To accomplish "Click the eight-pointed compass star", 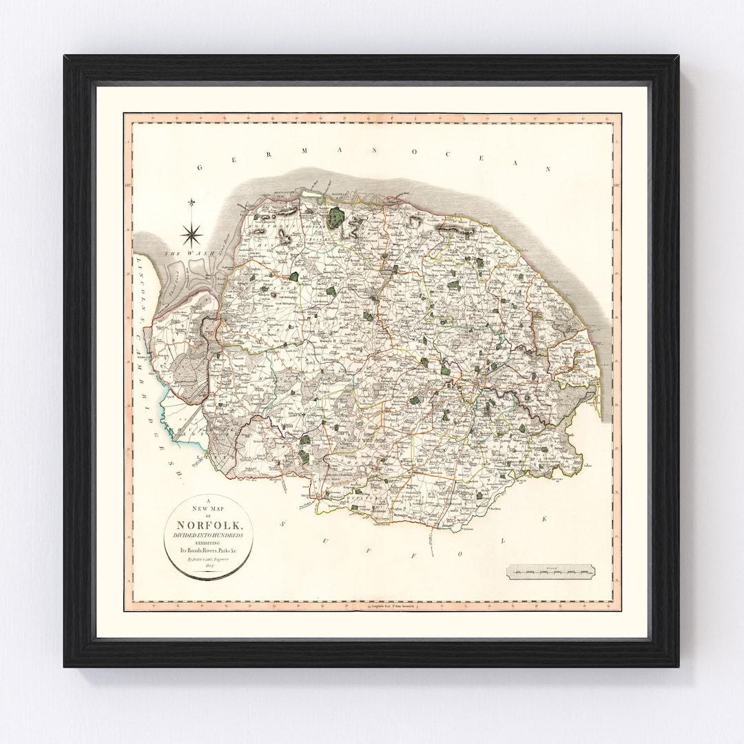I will [191, 234].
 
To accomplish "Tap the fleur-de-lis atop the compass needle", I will [191, 202].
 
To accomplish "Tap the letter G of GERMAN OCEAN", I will [201, 167].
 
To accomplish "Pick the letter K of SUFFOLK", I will [543, 517].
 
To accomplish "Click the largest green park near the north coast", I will [337, 218].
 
